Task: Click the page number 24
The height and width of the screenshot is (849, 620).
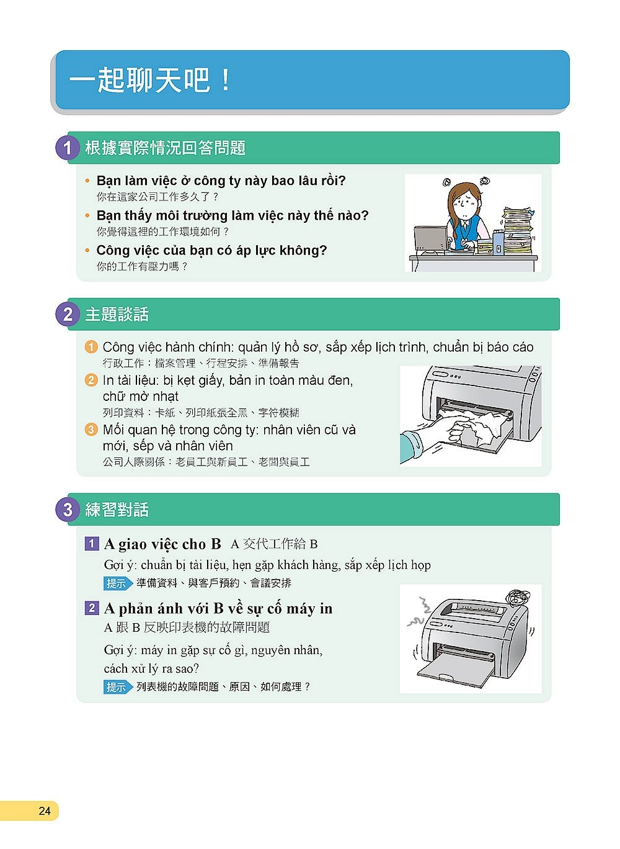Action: pyautogui.click(x=44, y=811)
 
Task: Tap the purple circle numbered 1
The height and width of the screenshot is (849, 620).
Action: pyautogui.click(x=68, y=148)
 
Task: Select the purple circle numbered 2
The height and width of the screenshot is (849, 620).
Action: pyautogui.click(x=68, y=314)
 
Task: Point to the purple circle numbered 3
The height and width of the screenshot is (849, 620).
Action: pyautogui.click(x=68, y=510)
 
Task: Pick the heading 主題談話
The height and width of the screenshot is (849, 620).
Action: pyautogui.click(x=117, y=315)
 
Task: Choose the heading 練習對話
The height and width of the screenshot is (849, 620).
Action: pyautogui.click(x=117, y=510)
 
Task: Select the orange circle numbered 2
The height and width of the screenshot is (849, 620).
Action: pyautogui.click(x=91, y=380)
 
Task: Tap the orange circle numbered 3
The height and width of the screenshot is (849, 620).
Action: pyautogui.click(x=91, y=429)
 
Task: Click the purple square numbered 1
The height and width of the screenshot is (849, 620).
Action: pyautogui.click(x=92, y=544)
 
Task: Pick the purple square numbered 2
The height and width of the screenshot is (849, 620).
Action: pyautogui.click(x=92, y=608)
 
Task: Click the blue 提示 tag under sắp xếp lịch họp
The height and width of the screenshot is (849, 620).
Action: pyautogui.click(x=118, y=583)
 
